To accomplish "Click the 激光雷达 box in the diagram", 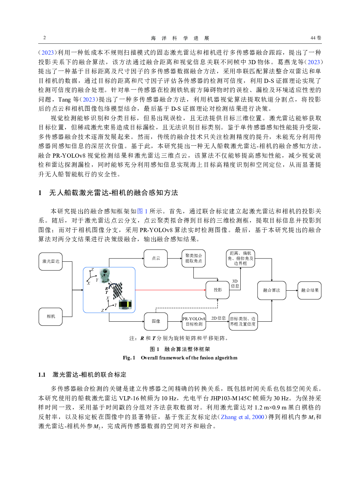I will (x=50, y=261).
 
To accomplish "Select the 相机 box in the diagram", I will (x=50, y=316).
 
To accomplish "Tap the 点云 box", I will (x=156, y=258).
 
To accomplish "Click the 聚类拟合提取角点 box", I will (x=193, y=258).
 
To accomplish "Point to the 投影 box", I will (x=217, y=290).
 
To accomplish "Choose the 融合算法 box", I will (x=271, y=290).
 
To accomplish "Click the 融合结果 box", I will (x=310, y=290).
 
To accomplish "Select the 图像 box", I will (x=156, y=321).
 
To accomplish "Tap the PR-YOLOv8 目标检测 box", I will (x=194, y=321).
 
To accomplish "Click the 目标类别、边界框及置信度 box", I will (x=243, y=321).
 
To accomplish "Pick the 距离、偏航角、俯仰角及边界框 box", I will (x=240, y=258).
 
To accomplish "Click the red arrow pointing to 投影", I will (x=169, y=290).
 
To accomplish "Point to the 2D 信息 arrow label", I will (x=218, y=318).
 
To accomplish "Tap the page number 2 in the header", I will (x=44, y=38).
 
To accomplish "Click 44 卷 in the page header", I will (x=316, y=38).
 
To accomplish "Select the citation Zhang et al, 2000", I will (x=242, y=417).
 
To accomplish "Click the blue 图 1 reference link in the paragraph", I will (x=142, y=211).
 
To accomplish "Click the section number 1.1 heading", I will (x=42, y=375).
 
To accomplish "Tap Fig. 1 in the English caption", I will (x=129, y=358).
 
